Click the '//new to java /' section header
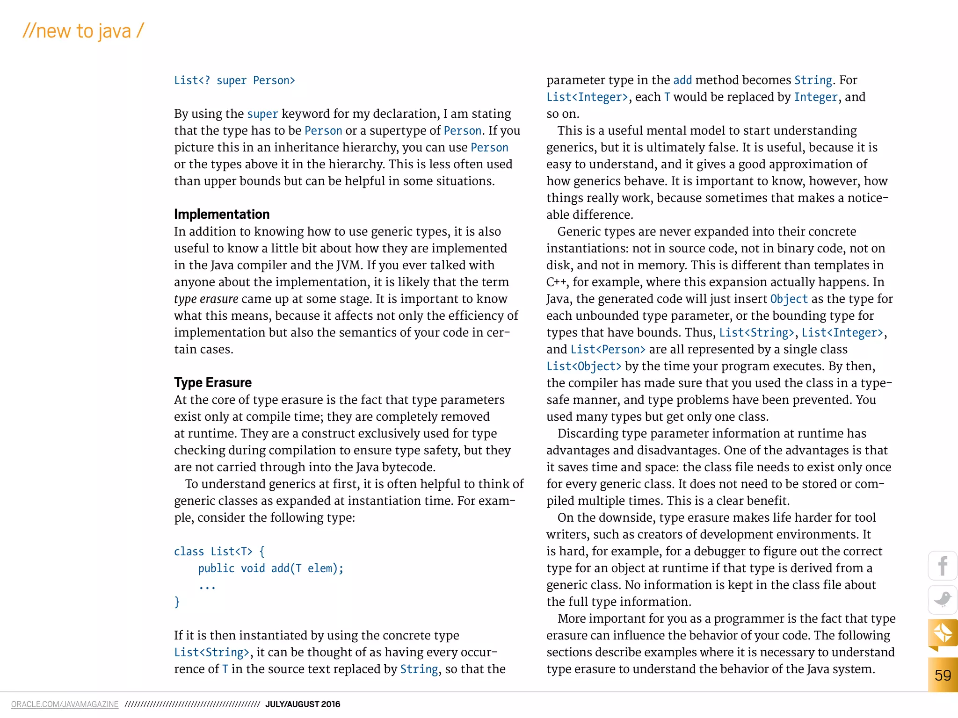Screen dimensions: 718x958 click(x=83, y=31)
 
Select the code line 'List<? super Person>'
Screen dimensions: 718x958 click(x=234, y=80)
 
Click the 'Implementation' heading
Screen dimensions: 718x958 click(x=222, y=214)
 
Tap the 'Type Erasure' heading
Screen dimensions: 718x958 click(x=213, y=382)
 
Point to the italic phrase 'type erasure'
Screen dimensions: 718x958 click(x=206, y=299)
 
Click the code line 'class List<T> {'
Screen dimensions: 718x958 click(x=219, y=552)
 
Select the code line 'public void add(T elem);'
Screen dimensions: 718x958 click(x=270, y=568)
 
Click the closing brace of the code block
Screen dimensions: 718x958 click(x=177, y=602)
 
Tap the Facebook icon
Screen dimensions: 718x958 click(x=943, y=566)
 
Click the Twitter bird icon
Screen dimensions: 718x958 click(x=943, y=599)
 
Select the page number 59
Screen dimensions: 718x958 click(x=943, y=675)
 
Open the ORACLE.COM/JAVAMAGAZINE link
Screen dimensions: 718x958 click(x=65, y=704)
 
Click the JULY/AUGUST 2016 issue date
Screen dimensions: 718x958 click(x=303, y=704)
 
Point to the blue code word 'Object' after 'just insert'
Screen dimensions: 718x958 click(x=789, y=299)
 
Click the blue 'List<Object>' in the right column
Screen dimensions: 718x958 click(x=584, y=366)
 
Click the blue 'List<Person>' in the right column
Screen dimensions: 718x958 click(x=608, y=350)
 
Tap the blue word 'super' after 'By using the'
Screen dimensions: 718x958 click(x=262, y=114)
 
